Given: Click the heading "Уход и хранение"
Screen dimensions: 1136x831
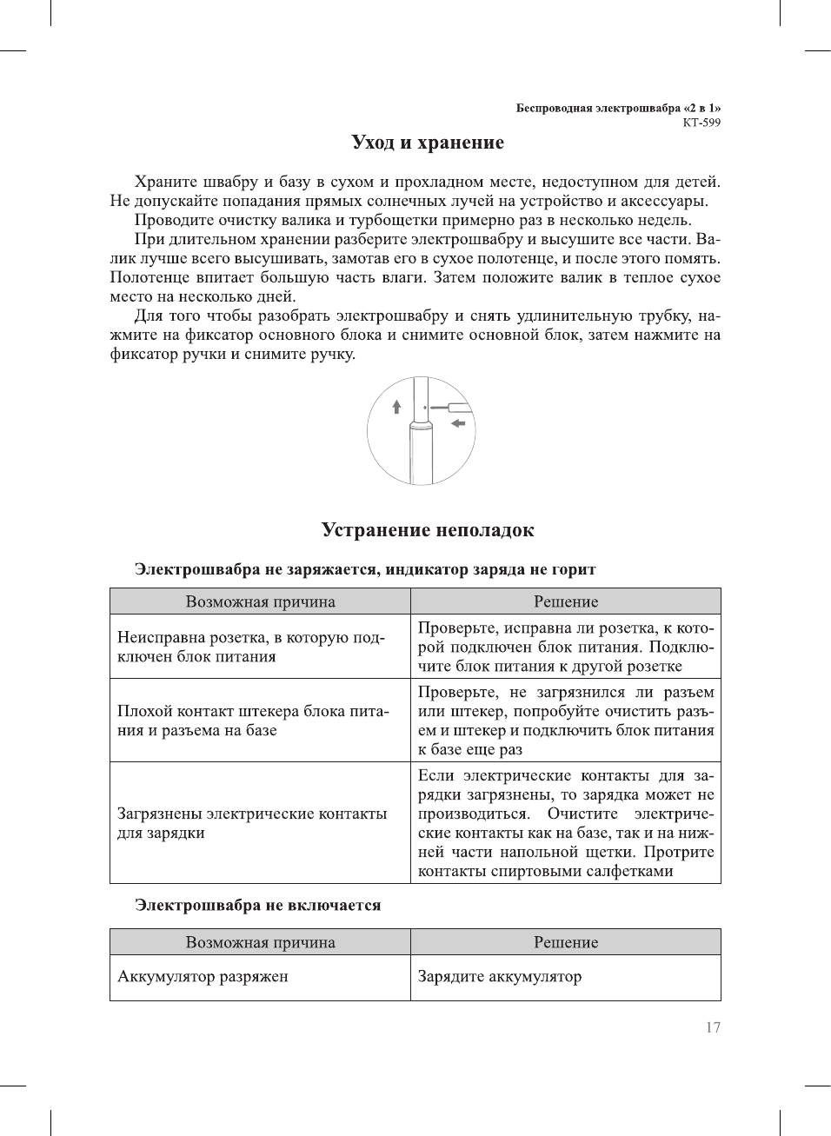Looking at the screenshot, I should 427,143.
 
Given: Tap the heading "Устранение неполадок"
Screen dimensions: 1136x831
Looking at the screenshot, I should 428,530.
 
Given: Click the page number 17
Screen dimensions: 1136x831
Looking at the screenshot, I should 713,1027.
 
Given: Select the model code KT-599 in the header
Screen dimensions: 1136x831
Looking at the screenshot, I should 701,123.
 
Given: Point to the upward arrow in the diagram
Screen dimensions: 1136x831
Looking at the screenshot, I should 396,406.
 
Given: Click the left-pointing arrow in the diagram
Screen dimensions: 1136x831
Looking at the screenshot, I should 458,423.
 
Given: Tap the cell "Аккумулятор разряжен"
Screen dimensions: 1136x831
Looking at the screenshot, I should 203,977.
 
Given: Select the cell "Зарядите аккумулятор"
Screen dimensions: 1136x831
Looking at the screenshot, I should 499,977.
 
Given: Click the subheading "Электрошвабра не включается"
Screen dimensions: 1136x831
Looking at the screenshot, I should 257,906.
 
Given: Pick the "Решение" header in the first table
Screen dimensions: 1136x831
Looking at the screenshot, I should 566,601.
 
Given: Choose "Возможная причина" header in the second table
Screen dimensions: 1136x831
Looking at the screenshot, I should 260,942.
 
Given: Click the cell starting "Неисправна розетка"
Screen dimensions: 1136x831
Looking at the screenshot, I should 250,648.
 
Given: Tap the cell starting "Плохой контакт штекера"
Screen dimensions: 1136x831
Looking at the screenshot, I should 252,721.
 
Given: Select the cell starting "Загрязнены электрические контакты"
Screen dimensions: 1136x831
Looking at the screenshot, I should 252,823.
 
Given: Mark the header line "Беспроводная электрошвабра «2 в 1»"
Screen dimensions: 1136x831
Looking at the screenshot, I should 618,109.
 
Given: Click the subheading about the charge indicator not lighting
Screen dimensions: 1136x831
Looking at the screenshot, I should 365,570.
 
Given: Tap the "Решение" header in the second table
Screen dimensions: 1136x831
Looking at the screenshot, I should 566,942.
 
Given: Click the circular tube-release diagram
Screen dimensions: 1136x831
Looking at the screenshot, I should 422,430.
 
